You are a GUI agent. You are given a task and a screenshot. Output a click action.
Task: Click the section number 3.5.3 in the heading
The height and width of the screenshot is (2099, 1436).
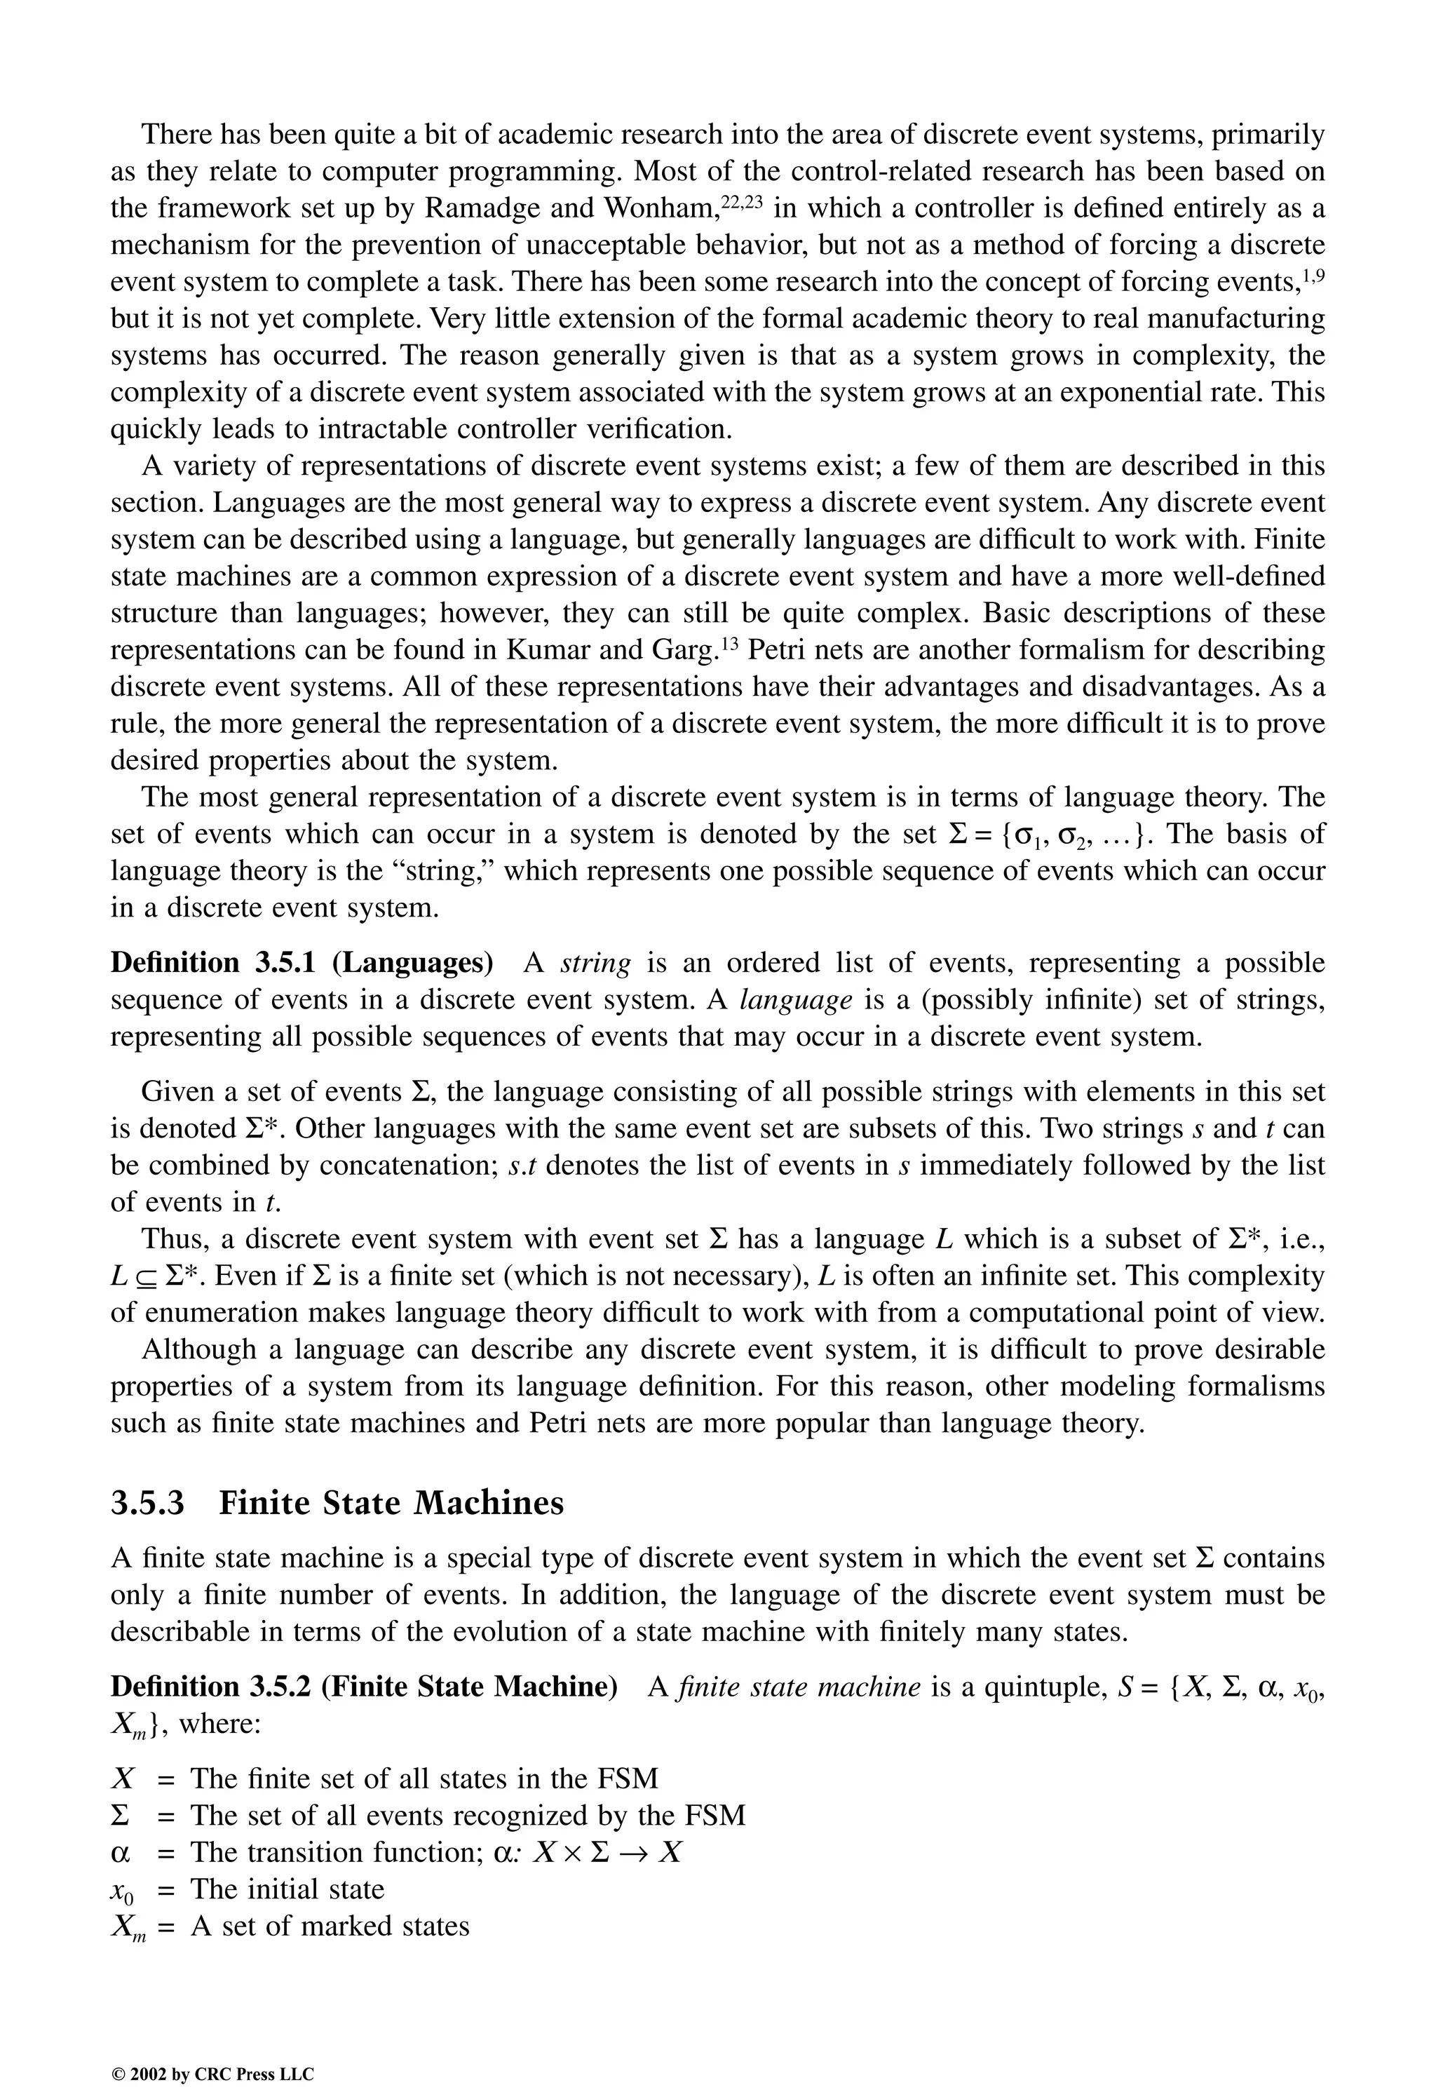[147, 1503]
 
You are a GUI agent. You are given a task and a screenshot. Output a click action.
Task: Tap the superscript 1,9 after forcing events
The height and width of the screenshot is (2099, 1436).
[1310, 273]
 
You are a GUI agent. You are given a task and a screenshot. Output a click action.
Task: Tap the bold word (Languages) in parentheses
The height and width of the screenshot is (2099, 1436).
[413, 963]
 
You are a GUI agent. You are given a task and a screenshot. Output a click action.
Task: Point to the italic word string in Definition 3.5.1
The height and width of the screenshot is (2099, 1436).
[595, 963]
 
